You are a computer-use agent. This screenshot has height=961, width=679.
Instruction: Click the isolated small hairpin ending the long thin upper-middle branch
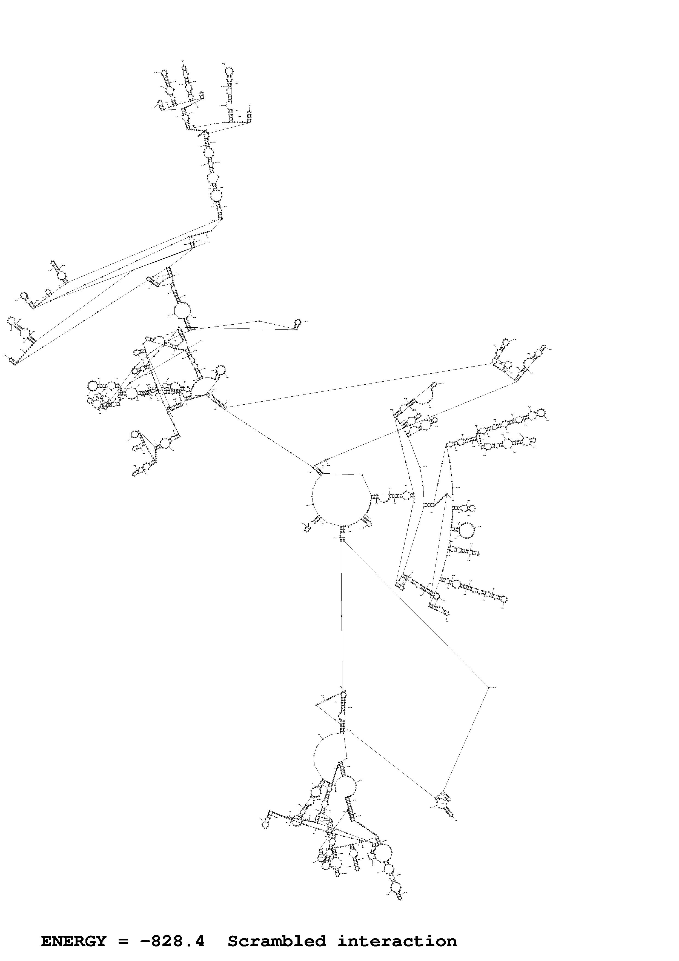tap(298, 322)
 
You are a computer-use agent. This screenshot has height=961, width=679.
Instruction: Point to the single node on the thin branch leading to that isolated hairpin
tap(259, 321)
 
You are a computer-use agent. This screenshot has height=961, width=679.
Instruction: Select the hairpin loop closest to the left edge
tap(11, 321)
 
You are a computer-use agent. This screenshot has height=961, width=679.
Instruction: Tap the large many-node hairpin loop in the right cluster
tap(467, 531)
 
